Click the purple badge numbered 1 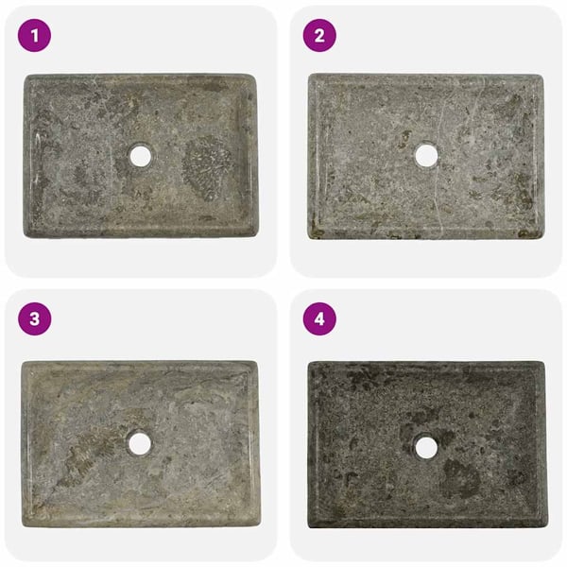(x=34, y=36)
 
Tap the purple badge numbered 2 (x=319, y=36)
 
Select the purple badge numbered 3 (x=34, y=319)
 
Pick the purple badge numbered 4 (x=319, y=319)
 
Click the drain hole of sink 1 (x=141, y=156)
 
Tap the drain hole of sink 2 (x=426, y=156)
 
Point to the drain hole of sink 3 (x=140, y=443)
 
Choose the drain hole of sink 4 (x=426, y=447)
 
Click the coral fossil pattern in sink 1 (x=207, y=168)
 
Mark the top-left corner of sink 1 (x=25, y=76)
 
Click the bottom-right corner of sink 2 (x=542, y=238)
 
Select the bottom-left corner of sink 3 (x=23, y=525)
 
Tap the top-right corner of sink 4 (x=544, y=362)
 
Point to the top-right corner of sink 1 (x=256, y=76)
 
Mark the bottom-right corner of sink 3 (x=259, y=525)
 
